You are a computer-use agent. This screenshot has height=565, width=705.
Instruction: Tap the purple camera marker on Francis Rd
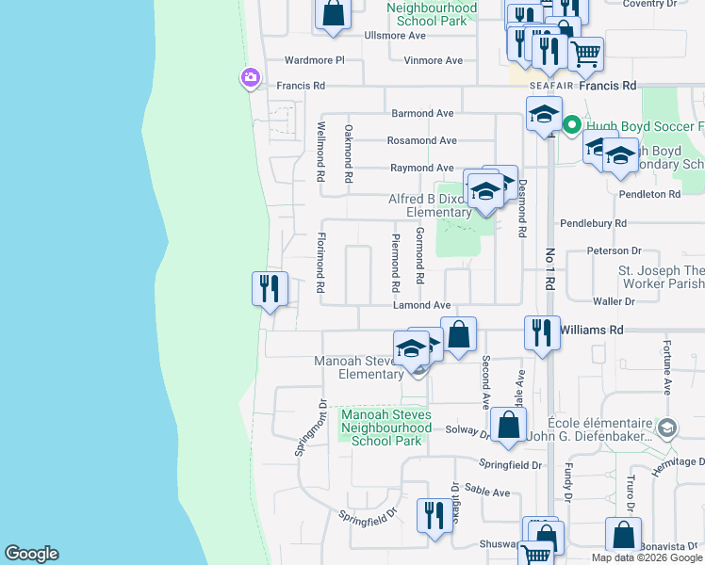pos(250,79)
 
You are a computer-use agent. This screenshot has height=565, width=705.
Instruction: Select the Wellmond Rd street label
pos(320,151)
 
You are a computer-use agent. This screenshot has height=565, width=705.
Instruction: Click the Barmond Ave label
pos(423,113)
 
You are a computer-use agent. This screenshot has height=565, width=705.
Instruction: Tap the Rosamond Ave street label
pos(421,140)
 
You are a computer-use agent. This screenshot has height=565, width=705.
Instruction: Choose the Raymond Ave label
pos(423,169)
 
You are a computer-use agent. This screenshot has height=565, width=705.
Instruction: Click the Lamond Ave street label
pos(421,305)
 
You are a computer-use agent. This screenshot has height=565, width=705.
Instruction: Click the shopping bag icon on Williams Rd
pos(458,334)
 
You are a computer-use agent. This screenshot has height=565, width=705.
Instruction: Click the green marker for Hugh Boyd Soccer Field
pos(571,124)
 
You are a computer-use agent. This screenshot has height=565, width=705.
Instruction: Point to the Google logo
pos(31,554)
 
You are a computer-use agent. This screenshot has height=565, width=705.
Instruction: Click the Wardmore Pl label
pos(316,60)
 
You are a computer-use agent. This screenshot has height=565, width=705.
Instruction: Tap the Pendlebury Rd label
pos(593,224)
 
